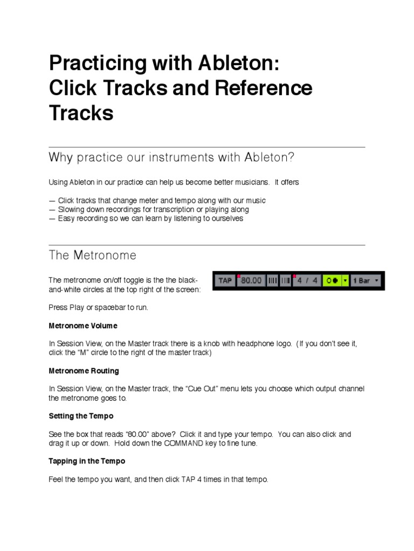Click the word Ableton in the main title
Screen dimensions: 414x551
click(x=239, y=63)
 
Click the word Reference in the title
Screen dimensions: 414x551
click(x=263, y=88)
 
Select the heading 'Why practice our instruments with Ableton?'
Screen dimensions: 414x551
click(x=171, y=157)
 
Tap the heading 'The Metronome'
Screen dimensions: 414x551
click(x=92, y=255)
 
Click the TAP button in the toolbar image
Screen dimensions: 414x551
click(x=225, y=280)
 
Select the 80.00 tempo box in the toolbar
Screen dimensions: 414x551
click(x=251, y=280)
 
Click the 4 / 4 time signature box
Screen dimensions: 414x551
click(x=307, y=280)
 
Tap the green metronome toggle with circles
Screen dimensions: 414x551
click(x=332, y=280)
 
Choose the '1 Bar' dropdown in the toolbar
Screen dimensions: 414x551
click(x=366, y=280)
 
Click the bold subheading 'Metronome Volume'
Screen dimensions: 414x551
click(x=83, y=326)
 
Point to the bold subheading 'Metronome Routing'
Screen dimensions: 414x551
click(x=84, y=371)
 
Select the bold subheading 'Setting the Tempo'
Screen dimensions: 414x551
click(x=81, y=416)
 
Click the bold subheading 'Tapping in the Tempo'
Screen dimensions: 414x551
click(x=87, y=461)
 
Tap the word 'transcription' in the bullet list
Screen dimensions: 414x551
click(x=174, y=209)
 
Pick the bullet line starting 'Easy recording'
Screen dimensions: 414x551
click(x=146, y=218)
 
